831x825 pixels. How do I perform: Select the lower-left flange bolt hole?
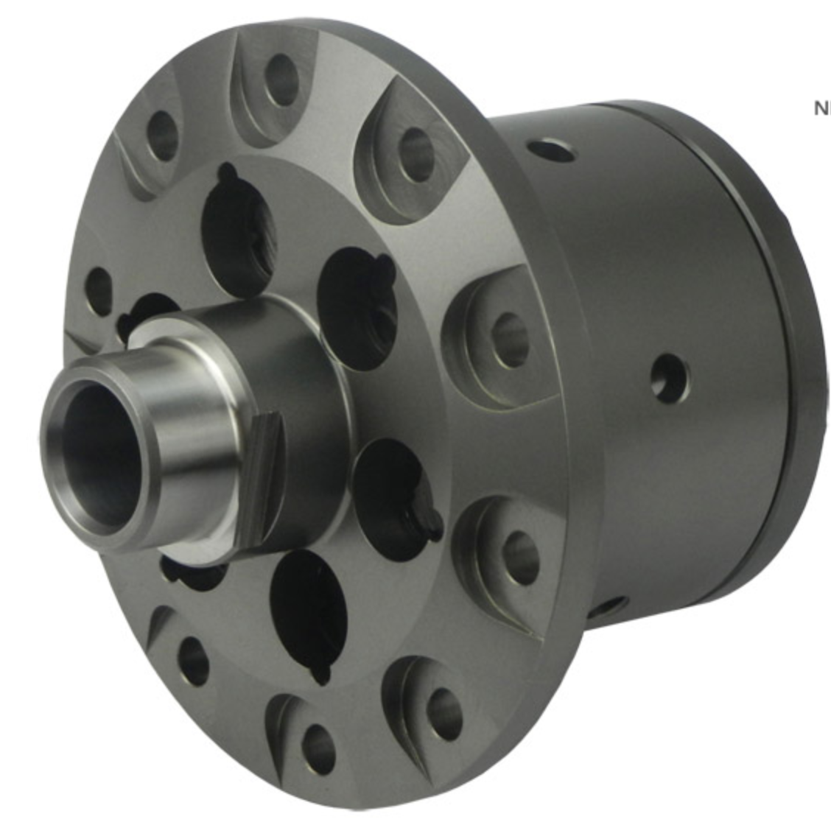click(x=192, y=657)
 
